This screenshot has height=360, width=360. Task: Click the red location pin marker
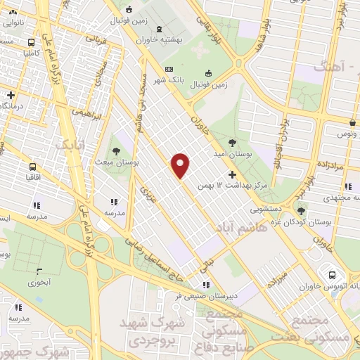coord(181,165)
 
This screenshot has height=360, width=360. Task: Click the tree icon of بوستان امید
coord(232,142)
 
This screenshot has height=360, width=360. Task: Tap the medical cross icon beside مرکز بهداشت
coord(233,174)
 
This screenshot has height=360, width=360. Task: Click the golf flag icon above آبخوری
coord(39,271)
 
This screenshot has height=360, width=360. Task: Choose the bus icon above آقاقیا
coord(33,167)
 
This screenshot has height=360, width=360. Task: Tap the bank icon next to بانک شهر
coord(168,69)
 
